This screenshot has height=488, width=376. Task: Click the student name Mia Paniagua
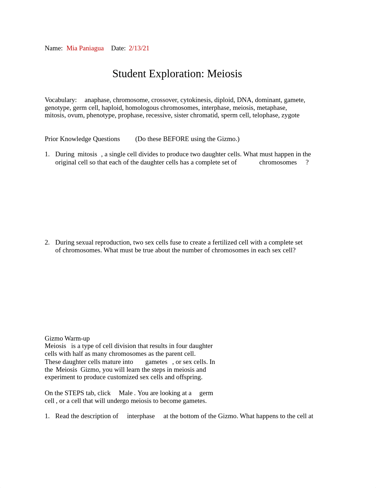click(85, 48)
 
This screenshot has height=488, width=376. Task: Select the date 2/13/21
click(139, 48)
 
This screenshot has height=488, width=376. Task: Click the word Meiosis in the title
click(224, 74)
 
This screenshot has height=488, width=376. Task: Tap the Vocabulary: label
click(61, 100)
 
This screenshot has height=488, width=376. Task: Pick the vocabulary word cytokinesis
click(196, 100)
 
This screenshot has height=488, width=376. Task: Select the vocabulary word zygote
click(290, 115)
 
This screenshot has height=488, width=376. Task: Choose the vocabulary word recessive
click(158, 115)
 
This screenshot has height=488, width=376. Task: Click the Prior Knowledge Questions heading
click(82, 139)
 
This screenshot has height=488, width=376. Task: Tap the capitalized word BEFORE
click(176, 139)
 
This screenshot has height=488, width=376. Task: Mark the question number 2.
click(47, 242)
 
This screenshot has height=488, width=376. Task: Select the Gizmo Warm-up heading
click(67, 338)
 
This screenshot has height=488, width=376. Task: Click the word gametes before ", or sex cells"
click(156, 362)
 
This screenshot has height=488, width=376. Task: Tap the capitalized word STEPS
click(74, 393)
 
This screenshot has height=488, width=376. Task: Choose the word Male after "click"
click(126, 393)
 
